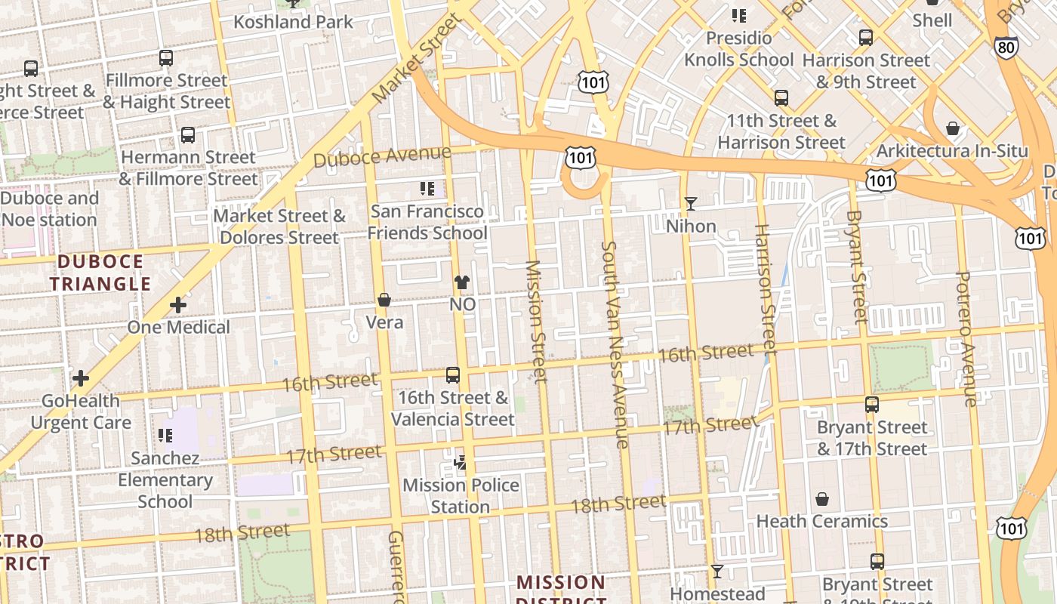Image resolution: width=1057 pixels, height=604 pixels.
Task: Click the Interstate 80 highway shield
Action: (x=1006, y=47)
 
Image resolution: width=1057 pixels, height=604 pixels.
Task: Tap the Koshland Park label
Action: (x=293, y=22)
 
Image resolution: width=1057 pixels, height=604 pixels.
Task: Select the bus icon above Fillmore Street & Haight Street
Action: (x=166, y=58)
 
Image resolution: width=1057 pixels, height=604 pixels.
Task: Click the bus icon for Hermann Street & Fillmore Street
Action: (x=188, y=136)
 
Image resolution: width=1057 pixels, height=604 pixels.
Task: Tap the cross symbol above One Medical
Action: (x=178, y=305)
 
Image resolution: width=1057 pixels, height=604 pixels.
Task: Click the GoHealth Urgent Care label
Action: (x=81, y=411)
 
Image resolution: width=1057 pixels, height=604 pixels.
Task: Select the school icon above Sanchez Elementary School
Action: (x=165, y=436)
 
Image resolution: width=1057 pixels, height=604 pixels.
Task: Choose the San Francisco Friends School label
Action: (x=427, y=222)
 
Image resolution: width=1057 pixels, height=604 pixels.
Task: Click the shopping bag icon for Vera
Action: (x=384, y=300)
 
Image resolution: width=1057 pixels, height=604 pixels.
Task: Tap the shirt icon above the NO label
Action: (x=462, y=282)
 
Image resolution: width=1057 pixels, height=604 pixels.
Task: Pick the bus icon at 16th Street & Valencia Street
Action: (x=453, y=375)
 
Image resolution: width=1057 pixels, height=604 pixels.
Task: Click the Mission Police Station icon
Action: (x=461, y=462)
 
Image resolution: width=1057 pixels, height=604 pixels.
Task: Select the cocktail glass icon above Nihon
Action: (x=691, y=204)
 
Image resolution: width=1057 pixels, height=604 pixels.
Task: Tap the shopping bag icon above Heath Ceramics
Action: (x=822, y=499)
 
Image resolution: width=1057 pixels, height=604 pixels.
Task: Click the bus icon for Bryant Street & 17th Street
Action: (x=872, y=405)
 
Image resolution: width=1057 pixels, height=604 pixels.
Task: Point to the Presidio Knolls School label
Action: (x=739, y=49)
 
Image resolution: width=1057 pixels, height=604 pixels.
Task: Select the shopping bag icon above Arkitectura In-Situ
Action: (x=953, y=129)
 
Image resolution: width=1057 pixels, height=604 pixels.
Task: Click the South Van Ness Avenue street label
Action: (x=615, y=344)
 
